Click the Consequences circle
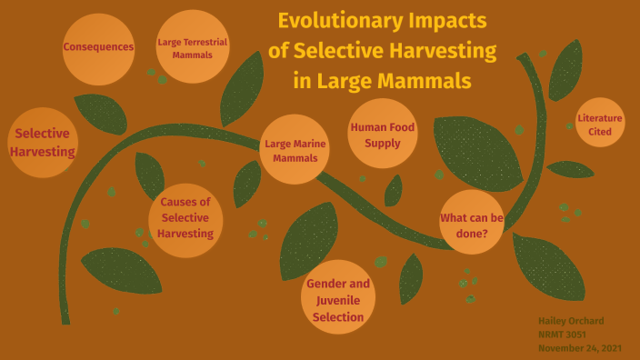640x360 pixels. point(98,47)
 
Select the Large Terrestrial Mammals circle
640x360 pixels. point(192,47)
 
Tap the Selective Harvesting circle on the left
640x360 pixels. point(42,143)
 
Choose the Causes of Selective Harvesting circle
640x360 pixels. point(185,218)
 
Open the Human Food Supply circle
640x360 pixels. point(382,135)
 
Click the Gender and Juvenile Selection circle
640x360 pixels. point(337,299)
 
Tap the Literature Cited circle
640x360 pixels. point(600,125)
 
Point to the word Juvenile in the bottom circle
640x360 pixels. point(338,299)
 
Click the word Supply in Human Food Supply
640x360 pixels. point(382,143)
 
